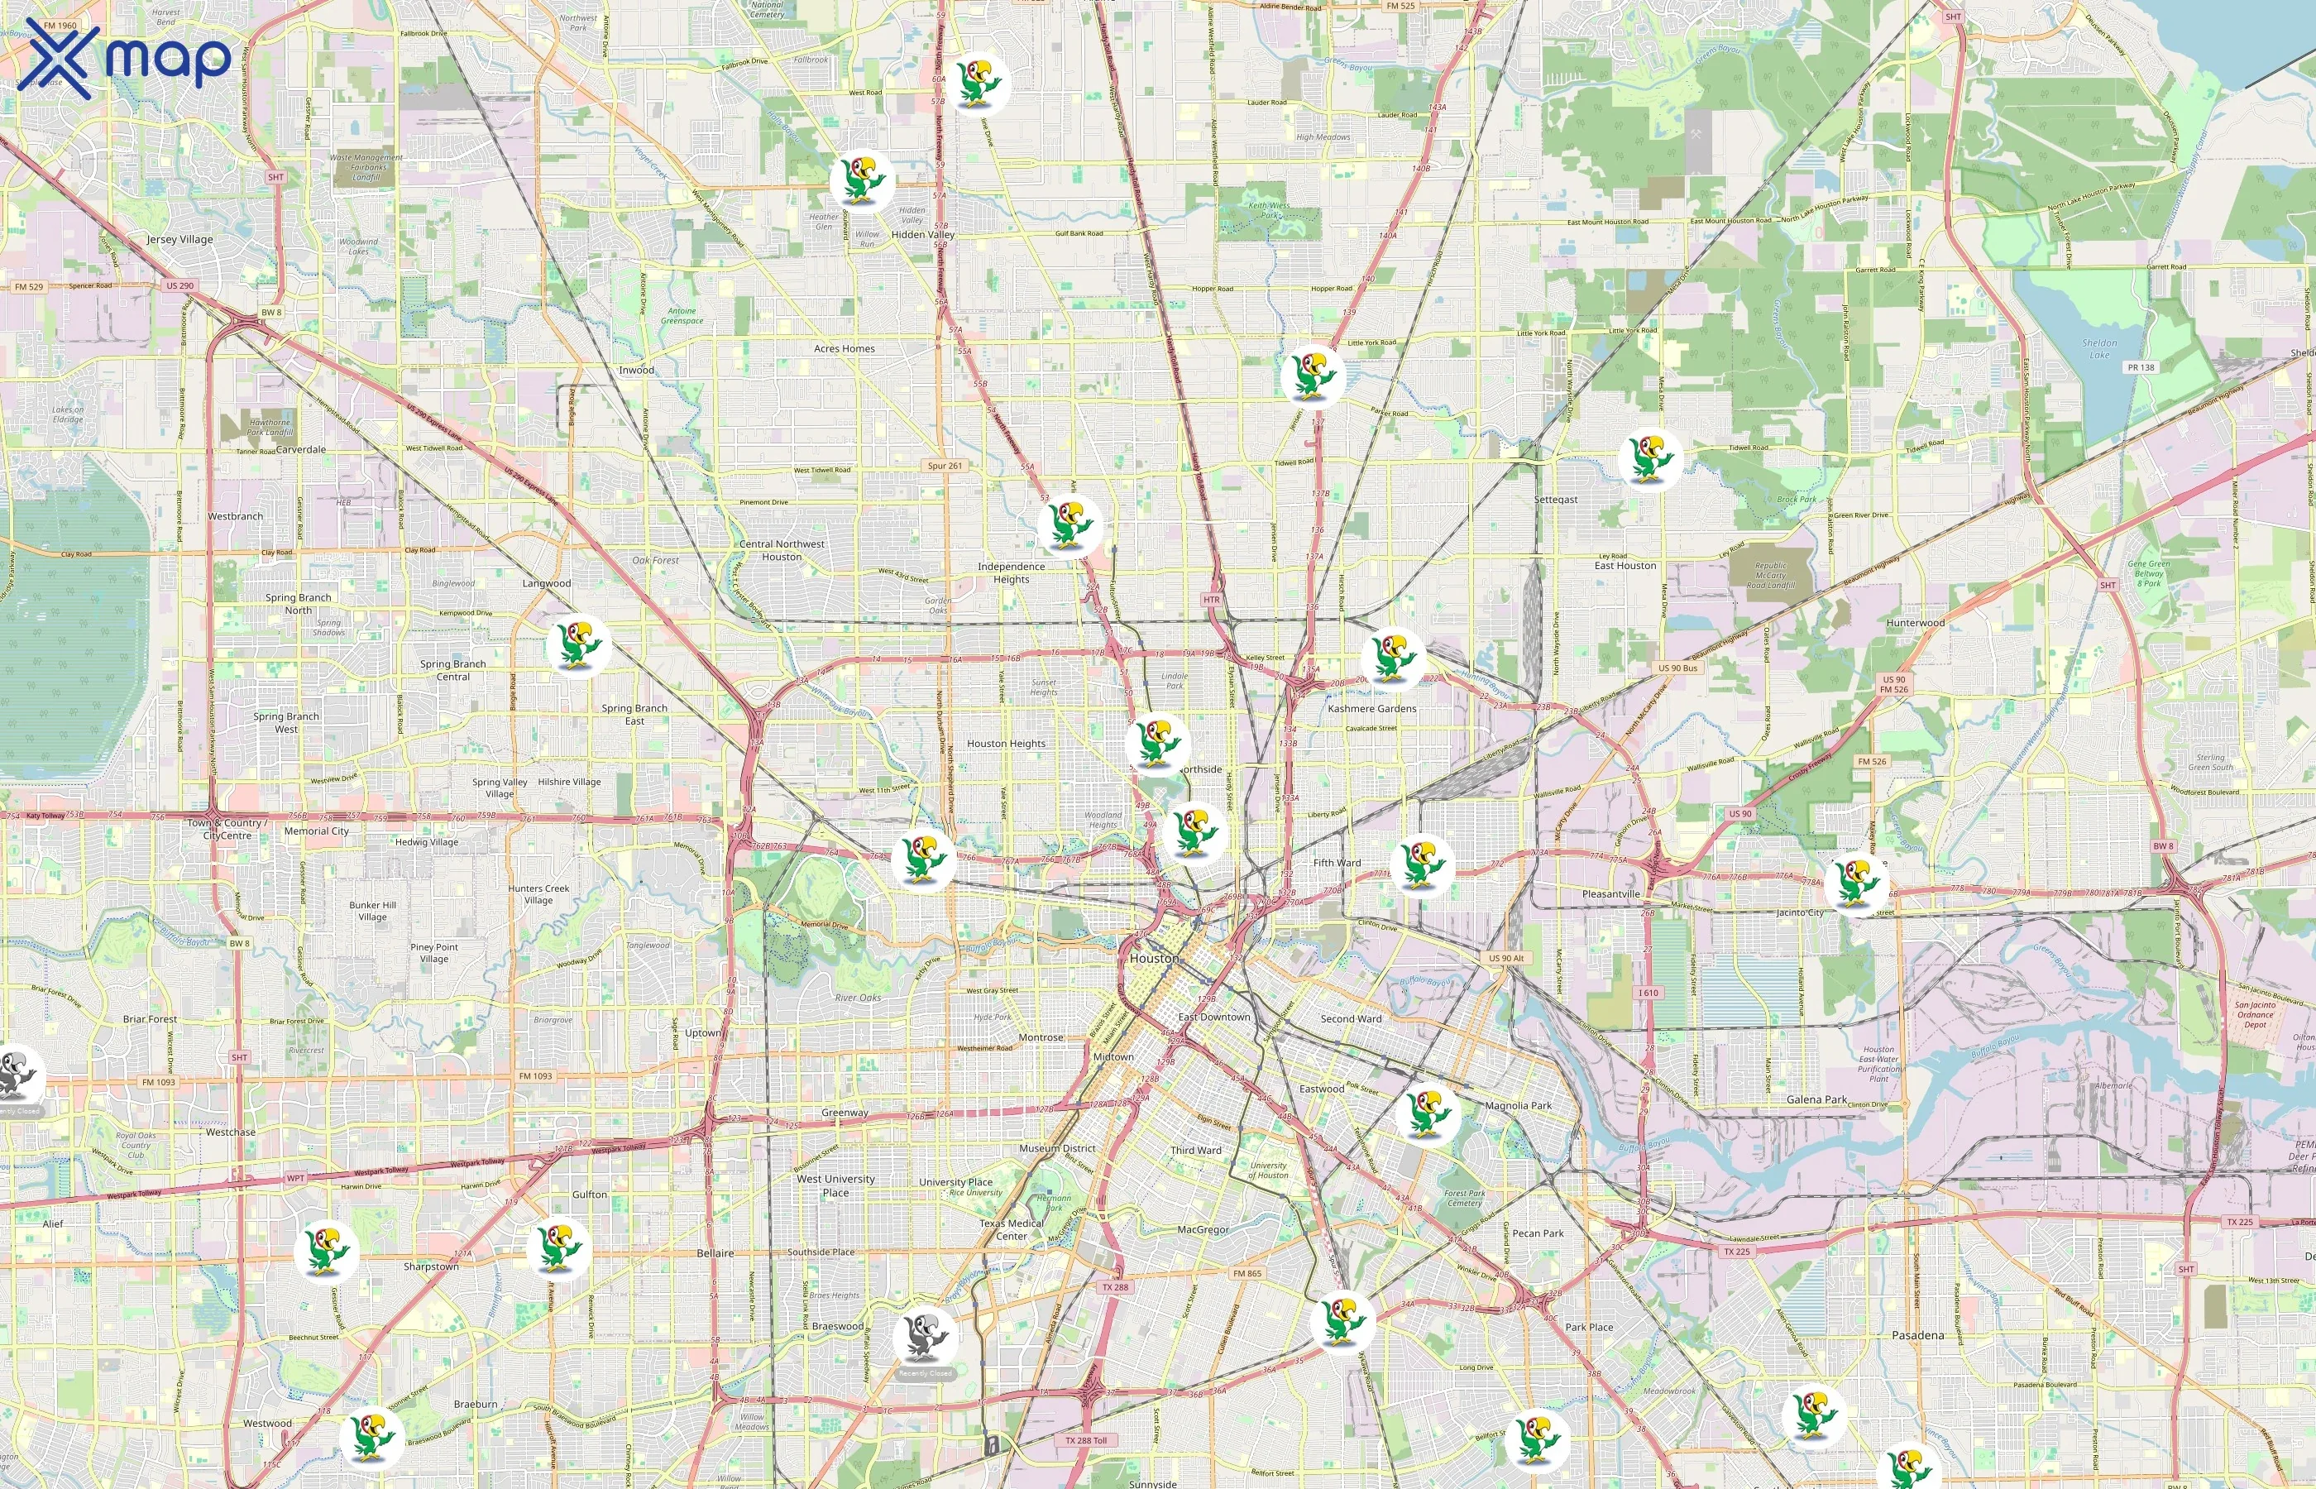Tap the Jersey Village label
[179, 239]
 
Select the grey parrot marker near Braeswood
[925, 1337]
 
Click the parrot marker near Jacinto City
[1857, 882]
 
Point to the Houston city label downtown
[1154, 958]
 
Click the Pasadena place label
[1916, 1335]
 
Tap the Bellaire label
[715, 1253]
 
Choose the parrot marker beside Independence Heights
[1068, 525]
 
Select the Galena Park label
[1816, 1099]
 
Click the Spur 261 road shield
[945, 466]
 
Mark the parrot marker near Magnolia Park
[1427, 1113]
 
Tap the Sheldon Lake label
[2098, 348]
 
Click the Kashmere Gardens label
[1371, 709]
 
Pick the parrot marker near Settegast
[1650, 458]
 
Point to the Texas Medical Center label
[1011, 1230]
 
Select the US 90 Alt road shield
[1505, 958]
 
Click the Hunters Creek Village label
[538, 894]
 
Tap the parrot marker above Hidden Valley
[860, 180]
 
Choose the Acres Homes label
[844, 349]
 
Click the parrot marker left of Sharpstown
[326, 1250]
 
